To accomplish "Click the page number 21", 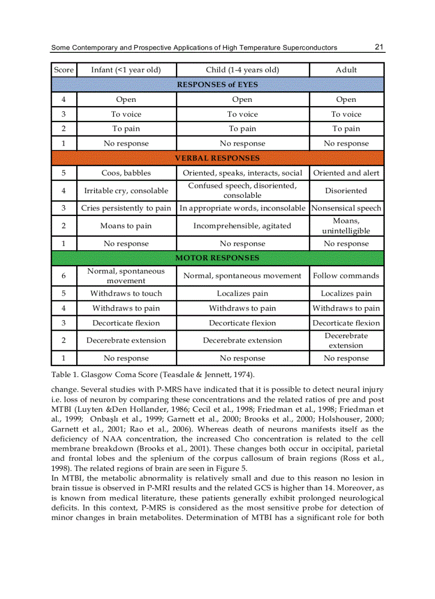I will coord(379,47).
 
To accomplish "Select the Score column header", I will coord(64,70).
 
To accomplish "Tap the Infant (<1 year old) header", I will coord(126,70).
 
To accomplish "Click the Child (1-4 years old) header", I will coord(243,70).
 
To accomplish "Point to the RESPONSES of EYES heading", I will coord(217,84).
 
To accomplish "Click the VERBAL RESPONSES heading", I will coord(217,158).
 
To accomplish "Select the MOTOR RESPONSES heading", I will coord(217,258).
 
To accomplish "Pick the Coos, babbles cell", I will coord(126,173).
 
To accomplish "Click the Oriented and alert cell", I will coord(346,173).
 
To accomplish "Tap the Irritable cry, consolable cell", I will coord(126,190).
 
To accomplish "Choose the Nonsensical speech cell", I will coord(346,208).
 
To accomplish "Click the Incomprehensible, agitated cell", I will coord(243,226).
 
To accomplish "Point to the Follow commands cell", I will coord(346,276).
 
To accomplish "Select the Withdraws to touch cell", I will coord(126,293).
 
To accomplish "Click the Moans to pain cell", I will coord(126,226).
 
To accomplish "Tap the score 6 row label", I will coord(63,276).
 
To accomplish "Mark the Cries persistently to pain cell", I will coord(126,208).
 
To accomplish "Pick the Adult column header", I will coord(346,70).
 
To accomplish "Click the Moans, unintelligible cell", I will coord(346,226).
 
